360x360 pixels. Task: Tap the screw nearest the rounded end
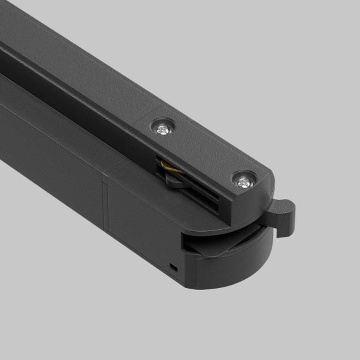click(243, 183)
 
